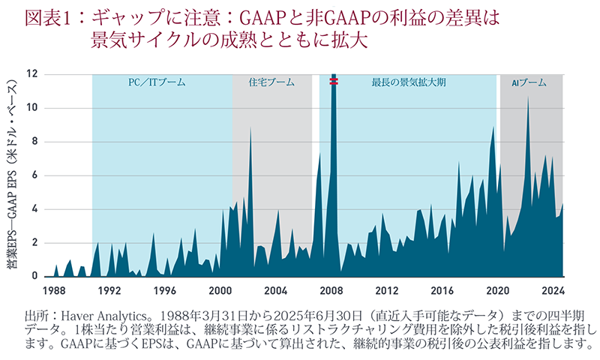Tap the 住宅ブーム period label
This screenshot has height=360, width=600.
click(271, 82)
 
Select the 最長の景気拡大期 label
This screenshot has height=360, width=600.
click(409, 82)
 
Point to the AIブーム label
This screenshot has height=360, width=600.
click(529, 82)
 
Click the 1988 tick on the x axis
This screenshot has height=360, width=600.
click(54, 289)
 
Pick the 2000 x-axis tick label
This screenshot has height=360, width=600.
click(220, 289)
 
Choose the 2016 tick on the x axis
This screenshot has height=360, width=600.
click(442, 289)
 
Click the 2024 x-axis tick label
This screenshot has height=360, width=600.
click(553, 289)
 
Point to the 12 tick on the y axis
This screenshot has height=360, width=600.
click(31, 74)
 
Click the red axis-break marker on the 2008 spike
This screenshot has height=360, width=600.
click(333, 82)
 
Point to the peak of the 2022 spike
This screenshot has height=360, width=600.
click(528, 97)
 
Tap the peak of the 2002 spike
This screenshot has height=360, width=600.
click(250, 128)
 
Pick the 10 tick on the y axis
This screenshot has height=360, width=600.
click(31, 108)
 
